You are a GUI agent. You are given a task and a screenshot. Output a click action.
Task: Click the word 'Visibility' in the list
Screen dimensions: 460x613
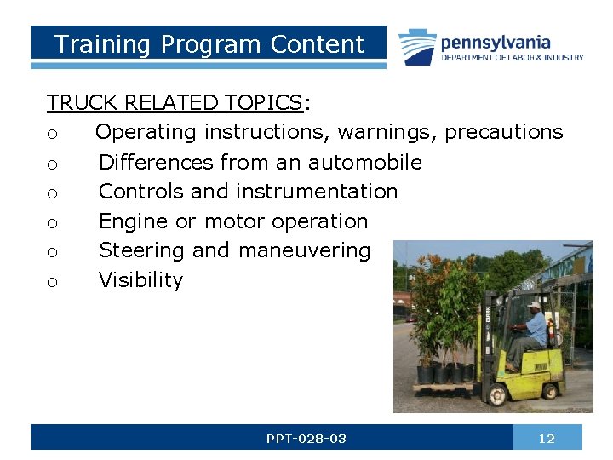[x=140, y=280]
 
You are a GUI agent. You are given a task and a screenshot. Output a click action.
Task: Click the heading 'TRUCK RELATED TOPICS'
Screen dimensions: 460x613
[x=175, y=103]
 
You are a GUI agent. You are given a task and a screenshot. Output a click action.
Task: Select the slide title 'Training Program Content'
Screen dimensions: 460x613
[x=209, y=44]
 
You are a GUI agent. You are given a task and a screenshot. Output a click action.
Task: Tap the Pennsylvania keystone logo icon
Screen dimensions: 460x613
[x=417, y=47]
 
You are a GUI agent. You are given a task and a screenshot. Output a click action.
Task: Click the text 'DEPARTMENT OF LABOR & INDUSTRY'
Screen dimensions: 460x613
[x=512, y=58]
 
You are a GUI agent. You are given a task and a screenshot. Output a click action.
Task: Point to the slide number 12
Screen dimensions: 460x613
[x=547, y=439]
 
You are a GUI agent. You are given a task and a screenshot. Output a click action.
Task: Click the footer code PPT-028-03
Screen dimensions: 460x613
[x=306, y=439]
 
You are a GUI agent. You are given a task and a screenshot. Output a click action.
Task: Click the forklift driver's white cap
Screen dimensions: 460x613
[x=534, y=304]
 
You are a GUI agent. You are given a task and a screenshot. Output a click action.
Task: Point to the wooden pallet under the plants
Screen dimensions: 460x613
[x=443, y=389]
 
